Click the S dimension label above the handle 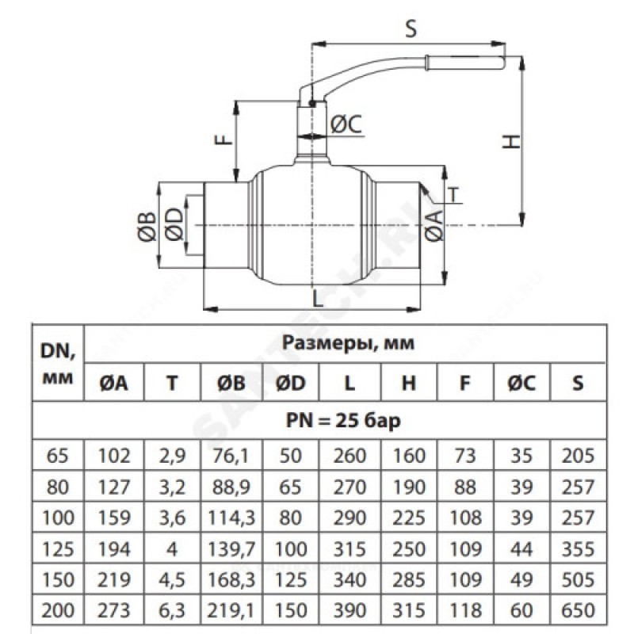[411, 29]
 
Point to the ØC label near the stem [346, 124]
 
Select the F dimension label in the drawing [225, 138]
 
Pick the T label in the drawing [453, 194]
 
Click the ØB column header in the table [231, 383]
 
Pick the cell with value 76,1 [231, 456]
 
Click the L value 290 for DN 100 [349, 518]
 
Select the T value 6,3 [172, 610]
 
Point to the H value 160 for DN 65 [409, 456]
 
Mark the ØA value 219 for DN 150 [114, 579]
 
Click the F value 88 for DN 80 [465, 487]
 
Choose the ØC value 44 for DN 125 [521, 548]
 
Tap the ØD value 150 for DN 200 [290, 610]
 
